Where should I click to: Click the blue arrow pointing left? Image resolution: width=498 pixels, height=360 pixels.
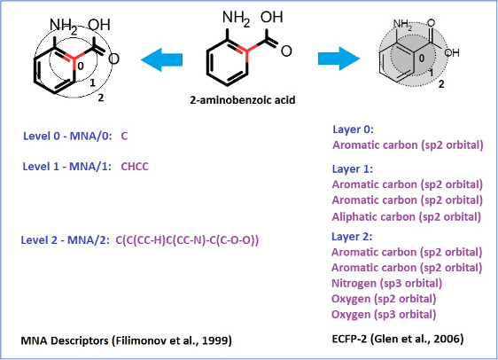coord(161,59)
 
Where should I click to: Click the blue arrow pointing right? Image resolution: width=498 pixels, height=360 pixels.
coord(338,59)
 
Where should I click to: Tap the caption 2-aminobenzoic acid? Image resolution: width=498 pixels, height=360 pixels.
coord(243,100)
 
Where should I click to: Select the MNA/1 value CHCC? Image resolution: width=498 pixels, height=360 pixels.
coord(135,167)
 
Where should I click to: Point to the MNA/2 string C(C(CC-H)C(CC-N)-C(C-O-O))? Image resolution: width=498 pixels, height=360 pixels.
coord(187,240)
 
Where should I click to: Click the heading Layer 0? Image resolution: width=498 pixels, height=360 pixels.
coord(353,129)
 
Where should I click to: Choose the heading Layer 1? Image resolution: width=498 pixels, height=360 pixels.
coord(353,169)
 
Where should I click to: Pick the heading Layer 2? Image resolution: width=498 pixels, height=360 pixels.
coord(352,237)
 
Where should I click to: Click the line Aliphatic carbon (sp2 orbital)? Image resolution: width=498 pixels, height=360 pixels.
coord(406,217)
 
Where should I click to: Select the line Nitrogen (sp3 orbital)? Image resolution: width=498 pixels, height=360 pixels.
coord(387,283)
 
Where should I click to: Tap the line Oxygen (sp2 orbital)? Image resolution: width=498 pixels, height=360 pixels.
coord(384,299)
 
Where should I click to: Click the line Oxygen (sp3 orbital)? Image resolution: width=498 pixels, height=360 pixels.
coord(384,314)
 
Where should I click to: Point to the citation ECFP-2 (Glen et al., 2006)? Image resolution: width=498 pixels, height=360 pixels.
coord(398,339)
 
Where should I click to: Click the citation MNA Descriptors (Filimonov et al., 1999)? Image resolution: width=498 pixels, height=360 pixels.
coord(126,340)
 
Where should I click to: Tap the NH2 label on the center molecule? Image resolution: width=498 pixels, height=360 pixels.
coord(236,18)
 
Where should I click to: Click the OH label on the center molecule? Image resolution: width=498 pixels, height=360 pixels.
coord(271,17)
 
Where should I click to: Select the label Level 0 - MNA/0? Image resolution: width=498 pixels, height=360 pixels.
coord(67,136)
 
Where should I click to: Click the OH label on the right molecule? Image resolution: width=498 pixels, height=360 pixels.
coord(452,52)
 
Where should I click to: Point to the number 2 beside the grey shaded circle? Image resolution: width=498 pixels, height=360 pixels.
coord(441,84)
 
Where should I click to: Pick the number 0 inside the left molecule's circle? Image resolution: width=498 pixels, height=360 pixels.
coord(81,66)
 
